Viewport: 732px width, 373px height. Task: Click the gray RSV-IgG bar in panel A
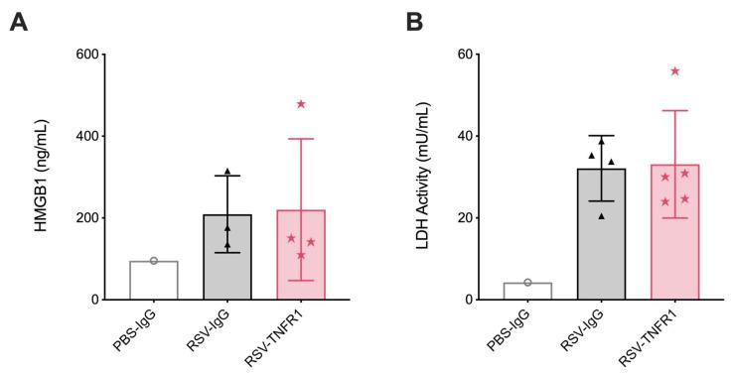pyautogui.click(x=227, y=258)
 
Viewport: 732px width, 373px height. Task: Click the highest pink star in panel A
pyautogui.click(x=301, y=104)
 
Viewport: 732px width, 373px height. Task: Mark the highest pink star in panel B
pyautogui.click(x=675, y=71)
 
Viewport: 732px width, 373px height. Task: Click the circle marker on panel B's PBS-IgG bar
pyautogui.click(x=527, y=283)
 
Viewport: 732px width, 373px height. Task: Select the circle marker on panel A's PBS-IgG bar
pyautogui.click(x=154, y=261)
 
